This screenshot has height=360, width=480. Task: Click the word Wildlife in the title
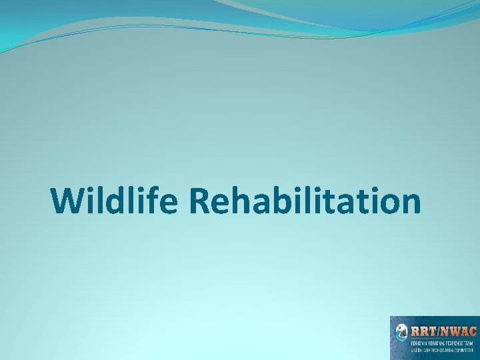point(114,201)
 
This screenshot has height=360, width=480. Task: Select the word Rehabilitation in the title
point(305,201)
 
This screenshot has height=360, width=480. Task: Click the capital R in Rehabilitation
point(201,201)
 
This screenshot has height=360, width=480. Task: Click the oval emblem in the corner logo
point(401,333)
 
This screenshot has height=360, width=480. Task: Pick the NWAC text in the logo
point(457,330)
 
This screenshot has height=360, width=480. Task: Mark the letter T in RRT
point(431,330)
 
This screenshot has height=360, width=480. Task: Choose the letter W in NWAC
point(453,330)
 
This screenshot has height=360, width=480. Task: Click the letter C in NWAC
point(472,330)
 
